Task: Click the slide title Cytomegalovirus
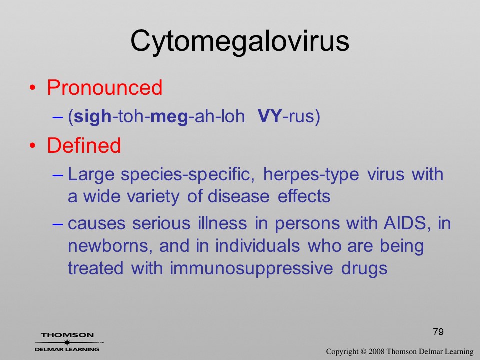[x=240, y=42]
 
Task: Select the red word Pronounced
[x=104, y=88]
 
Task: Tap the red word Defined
[x=84, y=145]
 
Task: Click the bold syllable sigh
[x=93, y=117]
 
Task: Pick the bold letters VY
[x=270, y=116]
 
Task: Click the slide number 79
[x=438, y=332]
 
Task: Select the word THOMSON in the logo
[x=67, y=335]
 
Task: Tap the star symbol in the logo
[x=67, y=342]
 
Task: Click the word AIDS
[x=405, y=223]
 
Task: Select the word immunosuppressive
[x=251, y=269]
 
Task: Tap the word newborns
[x=110, y=246]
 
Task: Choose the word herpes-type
[x=311, y=175]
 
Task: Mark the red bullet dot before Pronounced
[x=33, y=88]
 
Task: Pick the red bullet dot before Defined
[x=33, y=145]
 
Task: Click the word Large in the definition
[x=91, y=175]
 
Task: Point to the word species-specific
[x=187, y=175]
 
